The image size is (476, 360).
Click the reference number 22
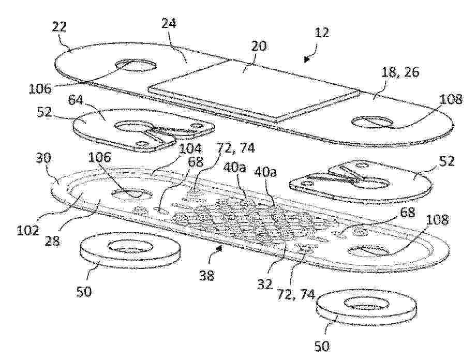click(x=59, y=27)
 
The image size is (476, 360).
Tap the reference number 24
click(x=169, y=23)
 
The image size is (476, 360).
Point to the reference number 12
click(x=321, y=33)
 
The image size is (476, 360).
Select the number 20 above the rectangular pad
click(x=259, y=46)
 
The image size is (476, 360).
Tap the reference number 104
click(x=190, y=149)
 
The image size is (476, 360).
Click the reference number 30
click(x=44, y=158)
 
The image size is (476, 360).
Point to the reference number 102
click(x=27, y=231)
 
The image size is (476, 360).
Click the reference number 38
click(x=207, y=276)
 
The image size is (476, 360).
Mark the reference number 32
click(x=265, y=284)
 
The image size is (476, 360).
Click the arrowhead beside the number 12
click(x=307, y=59)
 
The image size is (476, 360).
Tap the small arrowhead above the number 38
click(x=218, y=249)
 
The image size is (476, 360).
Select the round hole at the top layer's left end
click(x=136, y=66)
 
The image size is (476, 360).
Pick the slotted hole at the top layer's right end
click(x=372, y=122)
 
